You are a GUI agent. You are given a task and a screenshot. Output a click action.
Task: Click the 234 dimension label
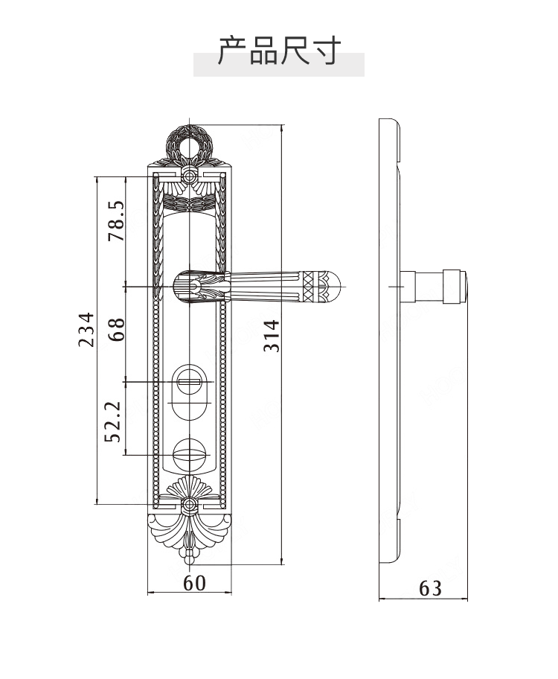click(x=86, y=329)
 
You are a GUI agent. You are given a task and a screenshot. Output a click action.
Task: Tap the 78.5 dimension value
click(x=116, y=221)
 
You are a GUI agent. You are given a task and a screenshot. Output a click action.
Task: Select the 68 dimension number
click(x=116, y=330)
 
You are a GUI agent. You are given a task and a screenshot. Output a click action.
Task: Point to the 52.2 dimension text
click(x=112, y=422)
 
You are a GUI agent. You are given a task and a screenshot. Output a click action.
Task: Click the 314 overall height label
click(x=272, y=336)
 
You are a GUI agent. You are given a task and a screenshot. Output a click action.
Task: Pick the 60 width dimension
click(x=194, y=583)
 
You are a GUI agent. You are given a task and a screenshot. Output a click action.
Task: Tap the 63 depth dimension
click(x=430, y=588)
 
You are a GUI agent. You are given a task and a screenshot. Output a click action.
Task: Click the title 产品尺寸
click(x=279, y=51)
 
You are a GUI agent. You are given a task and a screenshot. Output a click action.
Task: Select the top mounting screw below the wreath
click(x=189, y=176)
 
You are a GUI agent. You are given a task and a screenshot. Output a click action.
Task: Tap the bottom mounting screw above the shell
click(x=189, y=503)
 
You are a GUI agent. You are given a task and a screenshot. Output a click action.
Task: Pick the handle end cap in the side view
click(x=454, y=286)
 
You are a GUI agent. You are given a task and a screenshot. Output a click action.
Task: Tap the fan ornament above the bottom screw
click(x=189, y=488)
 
